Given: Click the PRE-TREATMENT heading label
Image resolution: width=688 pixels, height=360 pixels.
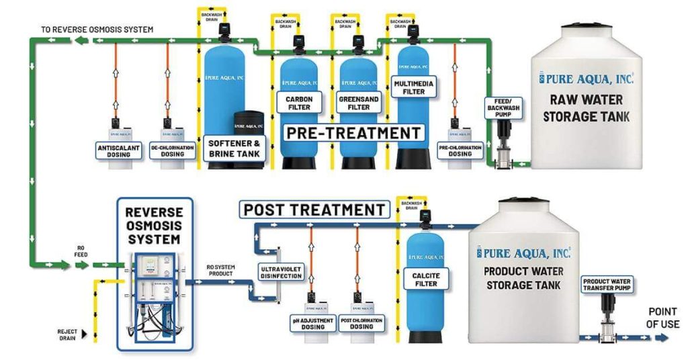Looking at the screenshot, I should [x=354, y=132].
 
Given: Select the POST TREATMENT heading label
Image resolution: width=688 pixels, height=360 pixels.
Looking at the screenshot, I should [x=314, y=210].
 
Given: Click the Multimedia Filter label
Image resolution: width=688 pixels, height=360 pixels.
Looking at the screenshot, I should [x=414, y=88].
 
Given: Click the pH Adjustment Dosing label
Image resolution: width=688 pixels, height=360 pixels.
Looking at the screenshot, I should [x=312, y=323].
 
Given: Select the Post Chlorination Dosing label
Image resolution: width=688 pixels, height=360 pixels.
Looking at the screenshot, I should [x=361, y=323].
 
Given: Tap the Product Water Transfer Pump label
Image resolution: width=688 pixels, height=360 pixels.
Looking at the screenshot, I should [x=607, y=285].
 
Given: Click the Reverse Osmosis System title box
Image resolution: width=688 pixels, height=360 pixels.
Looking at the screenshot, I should [x=154, y=225].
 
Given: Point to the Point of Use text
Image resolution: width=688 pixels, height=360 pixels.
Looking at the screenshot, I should [x=663, y=318].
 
